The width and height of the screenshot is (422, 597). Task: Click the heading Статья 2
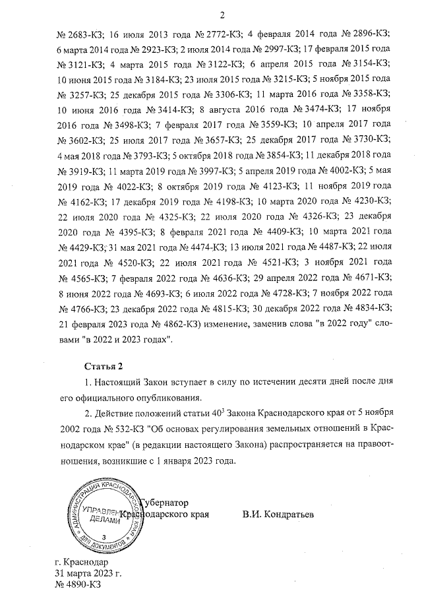tap(104, 365)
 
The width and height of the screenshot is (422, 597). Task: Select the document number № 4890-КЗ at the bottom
tap(79, 584)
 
